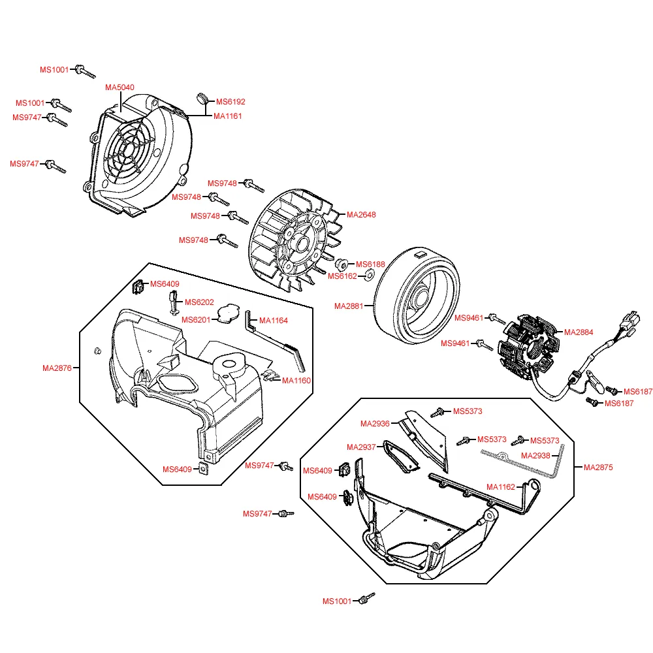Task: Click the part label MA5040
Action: coord(120,87)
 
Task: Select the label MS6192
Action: coord(231,102)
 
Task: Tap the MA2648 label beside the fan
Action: coord(361,215)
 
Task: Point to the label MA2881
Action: coord(349,306)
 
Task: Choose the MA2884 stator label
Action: coord(579,332)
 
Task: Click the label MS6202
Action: coord(199,302)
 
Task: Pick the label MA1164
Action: coord(274,321)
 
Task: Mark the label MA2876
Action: coord(57,368)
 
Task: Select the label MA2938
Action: coord(535,455)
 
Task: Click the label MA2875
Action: coord(599,468)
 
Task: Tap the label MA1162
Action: coord(501,486)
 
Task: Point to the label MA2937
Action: coord(361,447)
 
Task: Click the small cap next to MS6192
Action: coord(201,99)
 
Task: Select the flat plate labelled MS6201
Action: coord(227,313)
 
